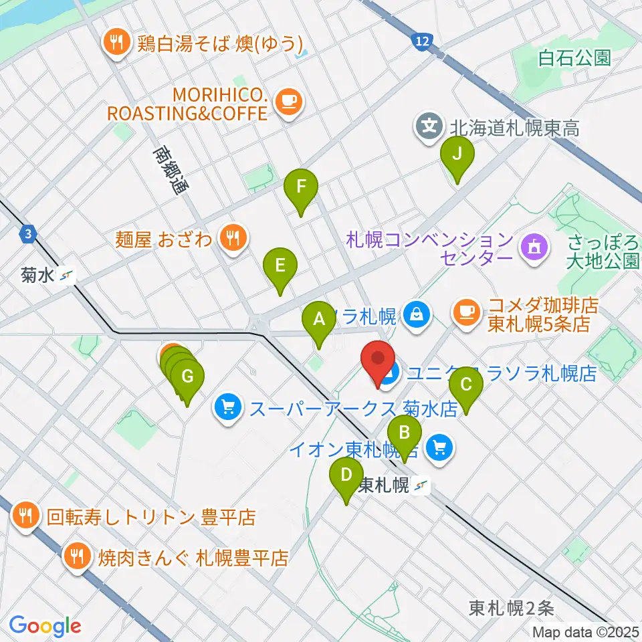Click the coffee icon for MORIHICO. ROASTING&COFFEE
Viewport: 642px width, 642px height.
pos(289,100)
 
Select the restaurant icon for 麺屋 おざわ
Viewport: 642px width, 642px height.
pos(233,238)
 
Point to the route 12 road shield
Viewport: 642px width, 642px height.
pos(420,42)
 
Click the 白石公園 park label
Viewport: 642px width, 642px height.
pos(575,58)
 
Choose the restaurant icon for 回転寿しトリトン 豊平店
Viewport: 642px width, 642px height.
pos(25,516)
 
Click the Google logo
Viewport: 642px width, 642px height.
pos(45,626)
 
